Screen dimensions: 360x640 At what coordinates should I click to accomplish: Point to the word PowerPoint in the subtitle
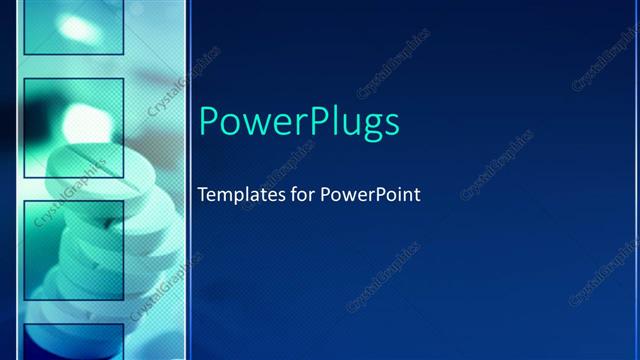370,194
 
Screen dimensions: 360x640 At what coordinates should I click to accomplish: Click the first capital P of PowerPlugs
209,121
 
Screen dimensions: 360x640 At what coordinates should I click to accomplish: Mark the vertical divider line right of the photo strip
187,180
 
